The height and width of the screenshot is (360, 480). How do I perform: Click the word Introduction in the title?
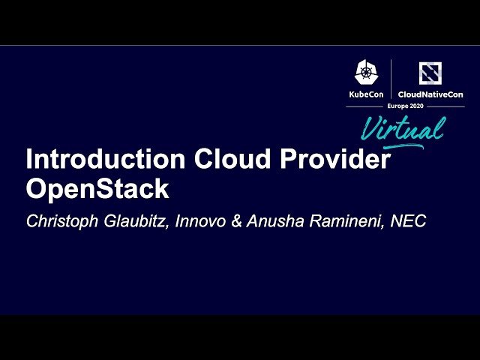[106, 160]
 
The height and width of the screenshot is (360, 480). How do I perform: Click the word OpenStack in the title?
[97, 189]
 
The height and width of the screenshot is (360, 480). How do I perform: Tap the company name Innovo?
[202, 222]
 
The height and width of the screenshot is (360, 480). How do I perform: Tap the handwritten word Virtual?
[402, 128]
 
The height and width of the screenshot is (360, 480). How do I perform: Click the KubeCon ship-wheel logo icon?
[366, 73]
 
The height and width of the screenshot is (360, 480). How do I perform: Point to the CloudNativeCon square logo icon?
[430, 73]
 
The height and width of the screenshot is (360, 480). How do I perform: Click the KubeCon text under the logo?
[366, 94]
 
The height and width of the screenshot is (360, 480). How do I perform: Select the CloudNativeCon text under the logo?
[430, 94]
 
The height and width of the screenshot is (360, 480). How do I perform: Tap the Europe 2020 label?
[406, 106]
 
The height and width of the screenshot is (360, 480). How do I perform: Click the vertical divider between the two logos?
[391, 79]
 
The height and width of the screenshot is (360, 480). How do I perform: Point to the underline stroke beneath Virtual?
[405, 143]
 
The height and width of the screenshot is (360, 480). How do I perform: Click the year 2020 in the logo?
[416, 106]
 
